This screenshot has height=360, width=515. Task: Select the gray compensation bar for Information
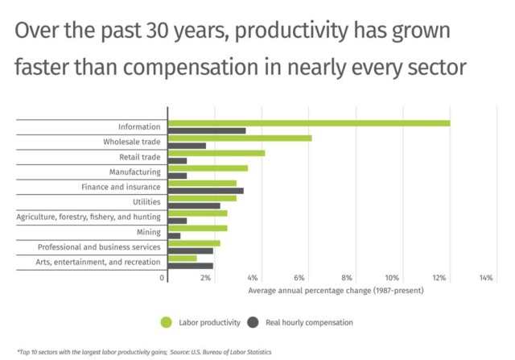coord(206,130)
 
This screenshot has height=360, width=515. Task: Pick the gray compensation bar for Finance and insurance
coord(205,191)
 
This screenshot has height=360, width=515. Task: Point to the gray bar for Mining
coord(174,236)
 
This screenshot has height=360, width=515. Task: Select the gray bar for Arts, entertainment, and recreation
coord(190,266)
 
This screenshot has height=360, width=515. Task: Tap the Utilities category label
coord(146,201)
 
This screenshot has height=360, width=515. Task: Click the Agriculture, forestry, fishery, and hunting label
coord(89,217)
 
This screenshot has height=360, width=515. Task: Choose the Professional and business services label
coord(99,246)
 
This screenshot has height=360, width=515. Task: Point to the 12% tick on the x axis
coord(439,278)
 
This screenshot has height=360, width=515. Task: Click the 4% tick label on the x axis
coord(253,278)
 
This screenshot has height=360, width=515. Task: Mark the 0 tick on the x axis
coord(163,278)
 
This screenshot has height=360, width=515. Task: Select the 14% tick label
coord(486,278)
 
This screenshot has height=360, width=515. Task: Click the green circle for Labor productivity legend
coord(166,322)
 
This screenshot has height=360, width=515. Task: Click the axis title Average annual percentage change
coord(336,290)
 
